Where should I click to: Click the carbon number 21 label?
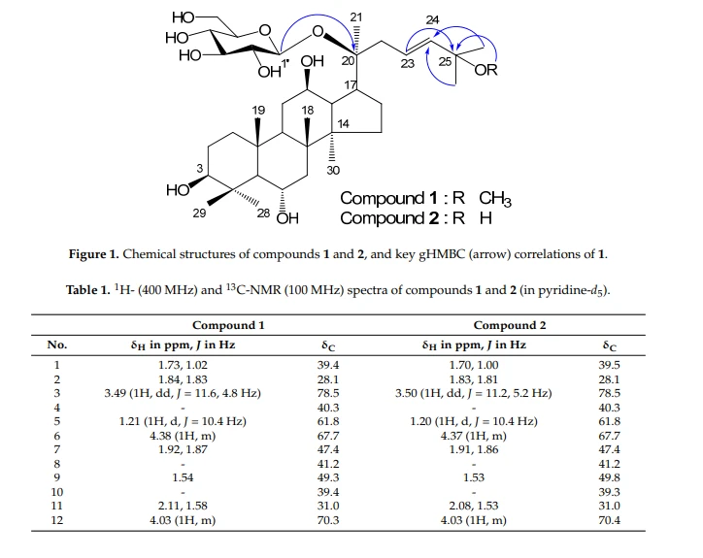[356, 17]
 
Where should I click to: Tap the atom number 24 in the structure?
[432, 19]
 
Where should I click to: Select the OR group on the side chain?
[486, 70]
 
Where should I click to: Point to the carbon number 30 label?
[333, 171]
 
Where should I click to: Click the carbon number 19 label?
[258, 111]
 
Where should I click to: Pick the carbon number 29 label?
[199, 213]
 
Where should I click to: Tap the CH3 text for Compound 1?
[495, 199]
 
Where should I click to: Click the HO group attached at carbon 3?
[178, 190]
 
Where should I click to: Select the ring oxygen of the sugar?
[265, 30]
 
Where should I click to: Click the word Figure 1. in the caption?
[94, 254]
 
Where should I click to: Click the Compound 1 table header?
[228, 325]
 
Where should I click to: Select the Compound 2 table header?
[510, 325]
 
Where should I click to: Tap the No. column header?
[57, 345]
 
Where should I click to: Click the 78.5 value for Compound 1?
[328, 393]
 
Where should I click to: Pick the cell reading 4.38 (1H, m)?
[183, 436]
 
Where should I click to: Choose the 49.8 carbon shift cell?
[609, 477]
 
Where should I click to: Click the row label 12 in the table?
[57, 520]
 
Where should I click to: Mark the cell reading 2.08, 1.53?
[474, 506]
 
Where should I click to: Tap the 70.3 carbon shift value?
[328, 520]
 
